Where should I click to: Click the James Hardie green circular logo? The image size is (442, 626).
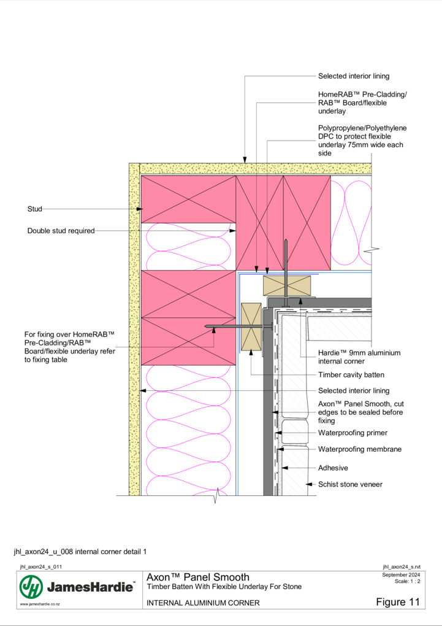31,587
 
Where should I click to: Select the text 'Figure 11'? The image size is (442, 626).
398,602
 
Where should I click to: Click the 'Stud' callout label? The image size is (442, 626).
35,209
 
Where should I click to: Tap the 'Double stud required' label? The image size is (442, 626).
61,231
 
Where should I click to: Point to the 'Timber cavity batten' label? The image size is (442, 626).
351,375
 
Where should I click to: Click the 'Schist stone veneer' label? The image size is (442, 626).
350,484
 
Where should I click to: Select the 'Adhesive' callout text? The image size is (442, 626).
333,468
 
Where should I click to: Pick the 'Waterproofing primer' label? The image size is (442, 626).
352,433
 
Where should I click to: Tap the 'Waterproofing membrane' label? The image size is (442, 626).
360,449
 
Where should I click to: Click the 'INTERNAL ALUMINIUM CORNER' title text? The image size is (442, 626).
203,603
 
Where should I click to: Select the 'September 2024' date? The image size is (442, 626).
401,575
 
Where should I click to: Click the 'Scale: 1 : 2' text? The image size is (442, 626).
407,581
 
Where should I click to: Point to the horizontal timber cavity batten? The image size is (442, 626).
287,285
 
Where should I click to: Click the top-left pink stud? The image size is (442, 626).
188,199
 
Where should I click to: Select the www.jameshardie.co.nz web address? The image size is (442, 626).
40,605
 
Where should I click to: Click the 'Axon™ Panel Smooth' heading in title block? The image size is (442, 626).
198,578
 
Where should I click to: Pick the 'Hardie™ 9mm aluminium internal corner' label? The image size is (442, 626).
359,357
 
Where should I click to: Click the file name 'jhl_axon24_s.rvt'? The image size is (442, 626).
402,567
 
